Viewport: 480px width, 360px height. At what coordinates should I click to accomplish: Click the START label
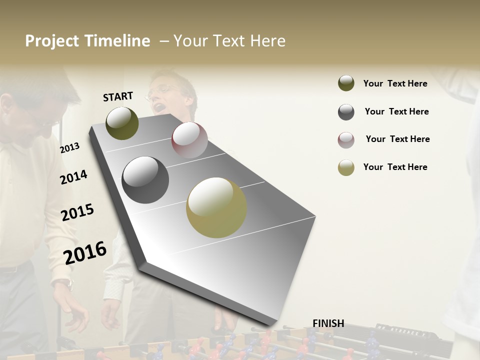click(x=118, y=96)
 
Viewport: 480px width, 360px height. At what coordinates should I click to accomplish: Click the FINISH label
click(x=328, y=323)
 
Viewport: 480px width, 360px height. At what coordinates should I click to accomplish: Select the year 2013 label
click(x=69, y=148)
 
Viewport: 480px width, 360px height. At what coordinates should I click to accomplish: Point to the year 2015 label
click(x=77, y=212)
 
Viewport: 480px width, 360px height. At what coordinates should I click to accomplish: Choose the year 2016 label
click(x=85, y=252)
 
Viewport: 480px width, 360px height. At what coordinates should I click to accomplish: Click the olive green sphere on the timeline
click(x=122, y=123)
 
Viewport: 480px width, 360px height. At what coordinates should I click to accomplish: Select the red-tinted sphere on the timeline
click(x=189, y=140)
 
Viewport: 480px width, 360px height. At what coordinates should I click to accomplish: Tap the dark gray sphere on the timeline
click(x=145, y=180)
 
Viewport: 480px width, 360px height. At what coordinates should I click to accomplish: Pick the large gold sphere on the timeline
click(x=216, y=207)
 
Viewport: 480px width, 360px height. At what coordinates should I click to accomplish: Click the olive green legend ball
click(x=346, y=83)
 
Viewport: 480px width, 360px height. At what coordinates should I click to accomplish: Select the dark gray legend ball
click(x=346, y=112)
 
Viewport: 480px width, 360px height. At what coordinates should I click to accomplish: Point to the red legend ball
click(x=346, y=140)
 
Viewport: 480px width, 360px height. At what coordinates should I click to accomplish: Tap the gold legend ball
click(x=346, y=167)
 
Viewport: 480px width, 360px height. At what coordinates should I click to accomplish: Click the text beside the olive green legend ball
click(x=395, y=83)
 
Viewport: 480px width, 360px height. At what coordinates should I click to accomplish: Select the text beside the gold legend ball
click(x=395, y=167)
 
